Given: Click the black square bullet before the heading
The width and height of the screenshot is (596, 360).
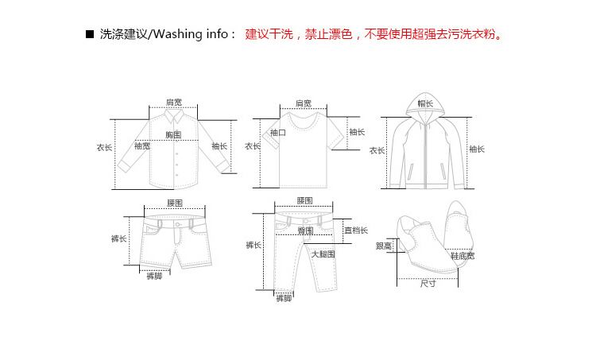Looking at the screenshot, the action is pos(90,35).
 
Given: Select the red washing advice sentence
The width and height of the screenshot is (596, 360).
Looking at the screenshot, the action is pos(375,35).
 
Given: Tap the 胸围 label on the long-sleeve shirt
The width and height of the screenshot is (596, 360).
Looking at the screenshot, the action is pos(173,135).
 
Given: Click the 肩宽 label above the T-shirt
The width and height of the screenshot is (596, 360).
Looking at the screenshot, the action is pos(303,103).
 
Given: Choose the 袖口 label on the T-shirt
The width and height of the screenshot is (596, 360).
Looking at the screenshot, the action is pos(278,133).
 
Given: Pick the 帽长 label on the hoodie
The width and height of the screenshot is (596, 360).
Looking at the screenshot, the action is pos(426,103).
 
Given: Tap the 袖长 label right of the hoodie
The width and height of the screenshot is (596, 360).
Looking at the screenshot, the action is pos(477,149).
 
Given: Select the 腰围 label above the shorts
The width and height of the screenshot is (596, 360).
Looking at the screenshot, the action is pos(175,203).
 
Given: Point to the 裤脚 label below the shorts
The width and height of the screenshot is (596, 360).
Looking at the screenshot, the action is pos(154,276).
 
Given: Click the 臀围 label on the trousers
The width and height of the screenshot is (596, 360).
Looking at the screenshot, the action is pos(305,230).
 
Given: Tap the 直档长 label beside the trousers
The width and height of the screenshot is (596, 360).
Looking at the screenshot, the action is pos(355,230).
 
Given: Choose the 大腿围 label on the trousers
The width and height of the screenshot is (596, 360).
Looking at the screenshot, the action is pos(323,254).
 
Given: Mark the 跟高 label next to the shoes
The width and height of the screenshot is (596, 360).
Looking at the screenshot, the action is pos(384,246).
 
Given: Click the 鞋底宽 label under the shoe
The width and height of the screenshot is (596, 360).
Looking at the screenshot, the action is pos(462,256).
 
